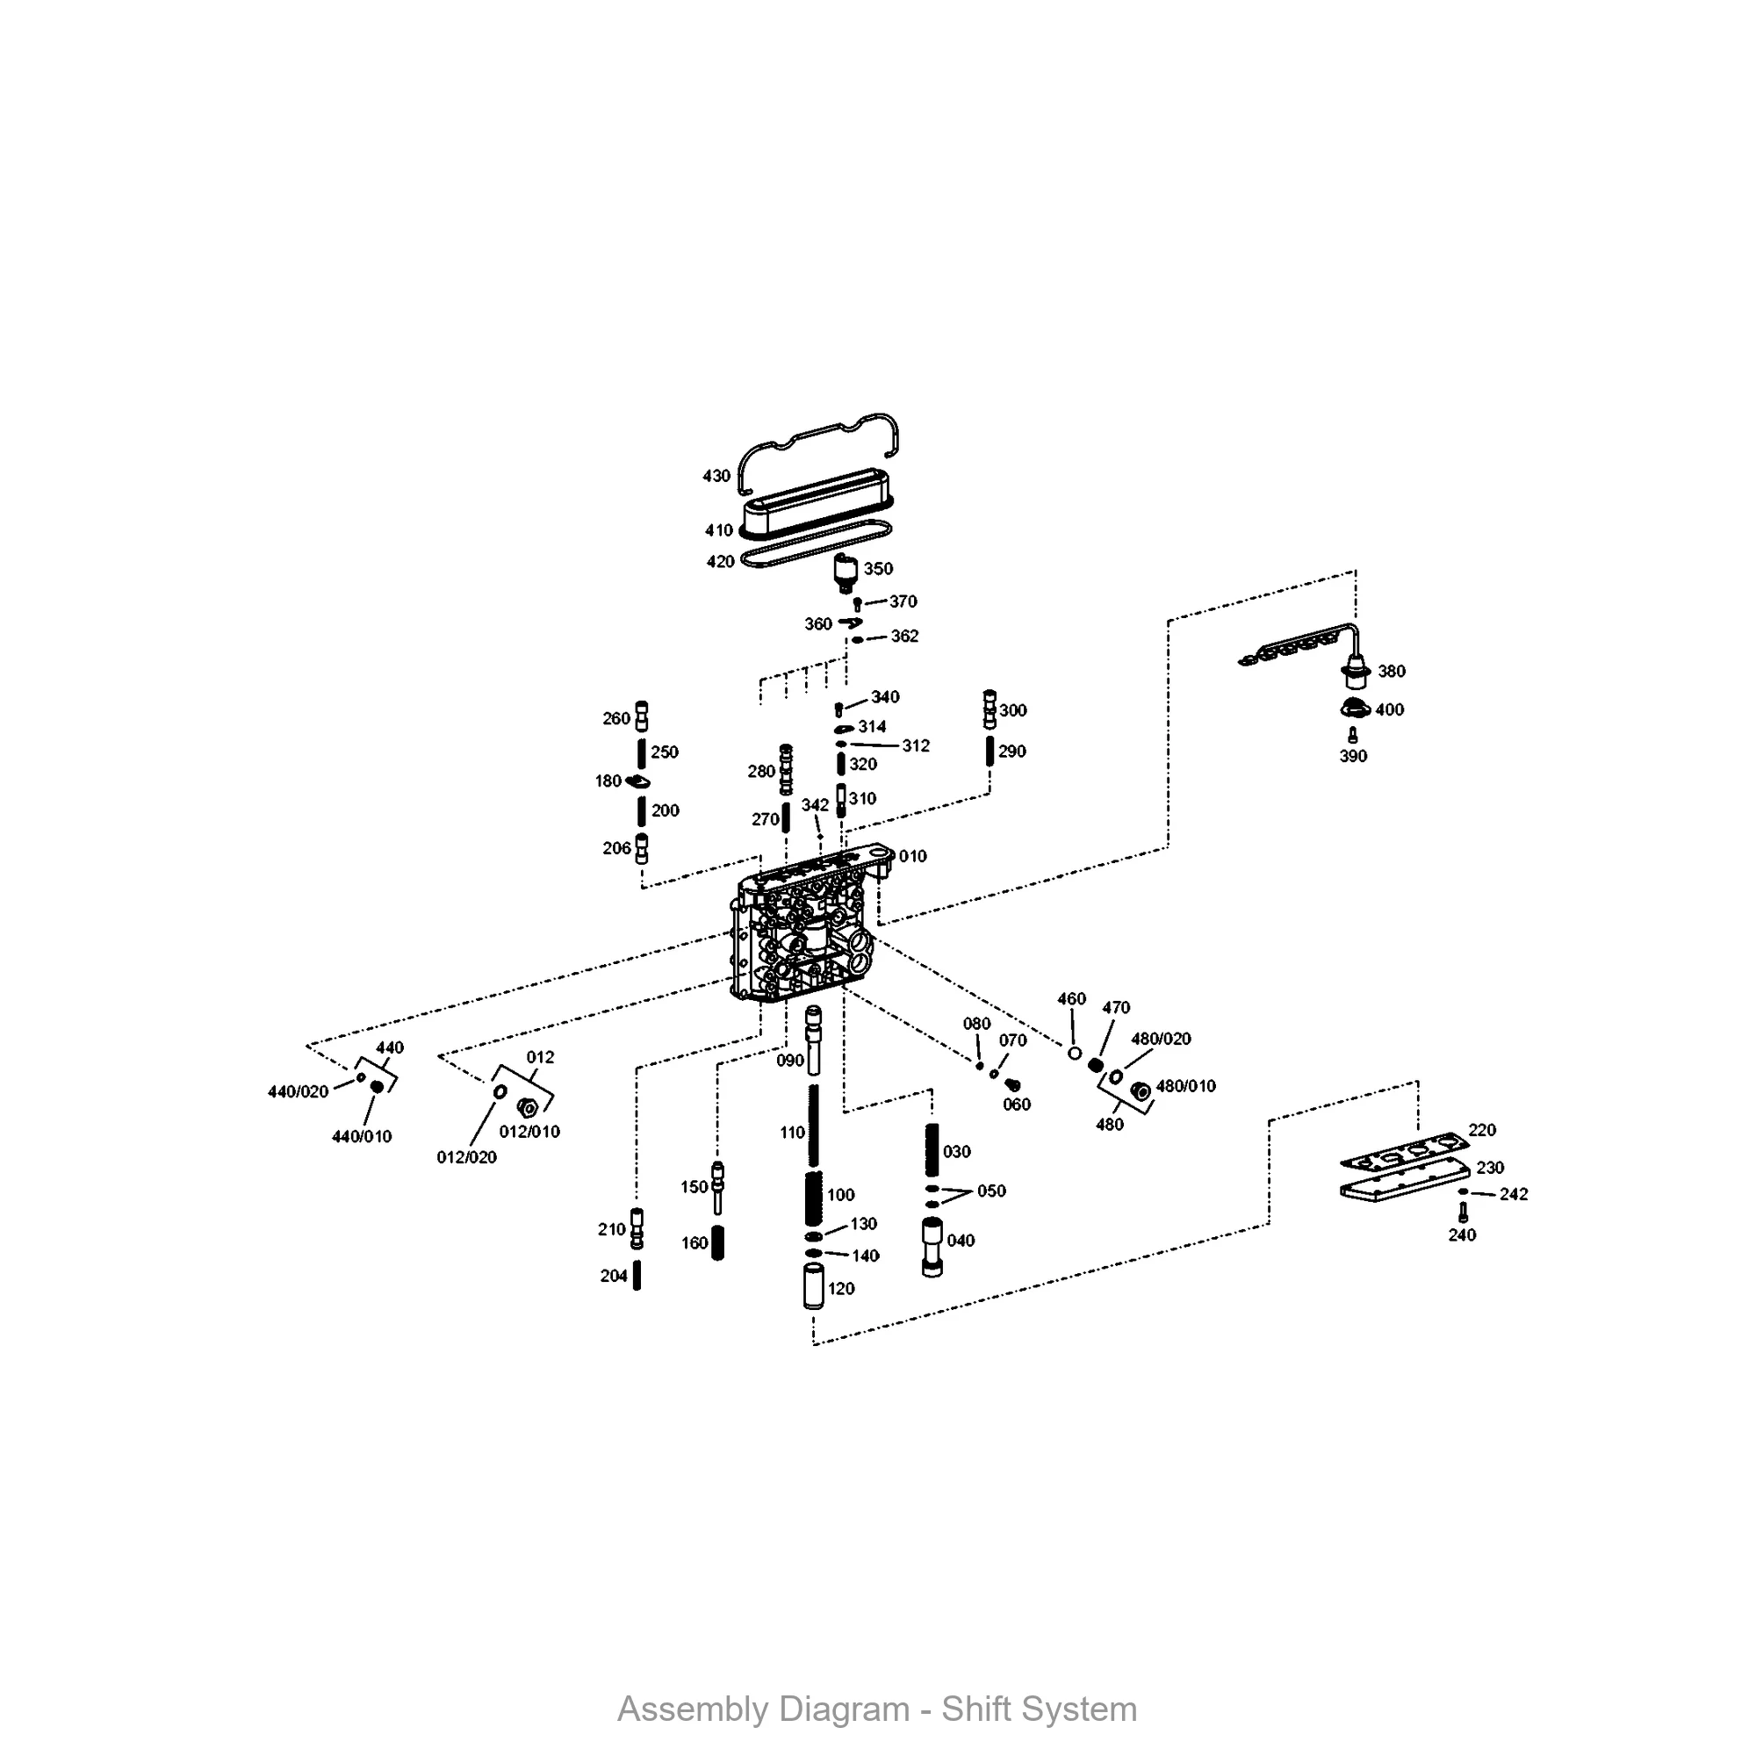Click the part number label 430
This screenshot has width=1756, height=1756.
pos(716,476)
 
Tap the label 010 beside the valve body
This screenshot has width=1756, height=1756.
pos(912,856)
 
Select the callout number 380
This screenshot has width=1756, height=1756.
pos(1392,672)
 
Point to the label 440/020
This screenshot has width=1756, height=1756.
pos(299,1091)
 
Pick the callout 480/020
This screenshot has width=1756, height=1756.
pos(1161,1039)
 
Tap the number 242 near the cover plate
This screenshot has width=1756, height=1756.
pos(1514,1194)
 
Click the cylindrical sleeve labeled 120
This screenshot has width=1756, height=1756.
pos(814,1286)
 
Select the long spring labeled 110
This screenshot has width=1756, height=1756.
pos(815,1126)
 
